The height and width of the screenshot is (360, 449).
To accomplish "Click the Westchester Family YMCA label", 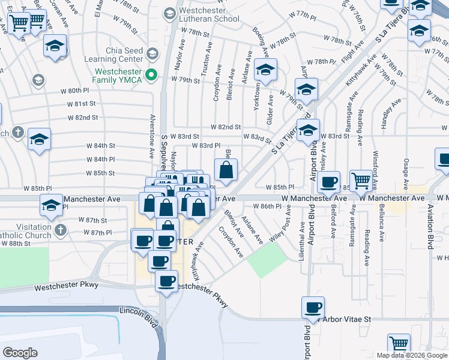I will tap(118, 75).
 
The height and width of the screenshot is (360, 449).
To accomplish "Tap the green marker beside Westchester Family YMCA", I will tap(152, 75).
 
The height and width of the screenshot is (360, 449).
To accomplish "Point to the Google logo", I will tap(20, 353).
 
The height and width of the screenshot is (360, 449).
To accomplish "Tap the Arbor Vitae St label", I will tap(348, 320).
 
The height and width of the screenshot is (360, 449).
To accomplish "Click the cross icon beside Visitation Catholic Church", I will tap(59, 230).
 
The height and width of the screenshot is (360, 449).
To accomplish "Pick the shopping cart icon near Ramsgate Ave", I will tap(361, 181).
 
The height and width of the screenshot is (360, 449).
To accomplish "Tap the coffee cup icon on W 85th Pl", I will tap(329, 182).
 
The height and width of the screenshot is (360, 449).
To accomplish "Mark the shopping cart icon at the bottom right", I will tap(399, 344).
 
